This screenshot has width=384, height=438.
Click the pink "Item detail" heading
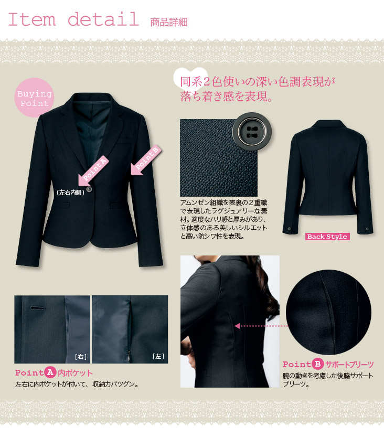point(73,19)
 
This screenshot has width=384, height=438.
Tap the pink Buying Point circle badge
point(34,98)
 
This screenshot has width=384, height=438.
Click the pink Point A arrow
point(92,170)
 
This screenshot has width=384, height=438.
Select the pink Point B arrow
point(145,160)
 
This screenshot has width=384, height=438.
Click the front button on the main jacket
point(89,189)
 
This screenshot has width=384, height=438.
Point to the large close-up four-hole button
point(252,132)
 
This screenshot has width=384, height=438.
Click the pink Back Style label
point(327,237)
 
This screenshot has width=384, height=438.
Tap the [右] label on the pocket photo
point(81,357)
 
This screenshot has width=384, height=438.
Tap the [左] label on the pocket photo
point(158,356)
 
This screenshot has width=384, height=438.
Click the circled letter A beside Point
point(50,372)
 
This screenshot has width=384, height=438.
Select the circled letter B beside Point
point(317,364)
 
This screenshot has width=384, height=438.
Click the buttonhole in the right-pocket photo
point(37,308)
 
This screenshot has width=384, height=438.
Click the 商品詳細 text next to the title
point(169,22)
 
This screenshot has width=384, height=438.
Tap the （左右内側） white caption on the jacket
point(70,193)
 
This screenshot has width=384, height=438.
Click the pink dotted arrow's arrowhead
point(237,326)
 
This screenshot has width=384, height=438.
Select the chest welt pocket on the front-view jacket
point(124,140)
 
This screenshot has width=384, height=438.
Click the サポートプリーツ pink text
point(349,364)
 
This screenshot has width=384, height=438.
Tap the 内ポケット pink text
point(75,373)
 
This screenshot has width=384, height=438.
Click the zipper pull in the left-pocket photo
point(129,356)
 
